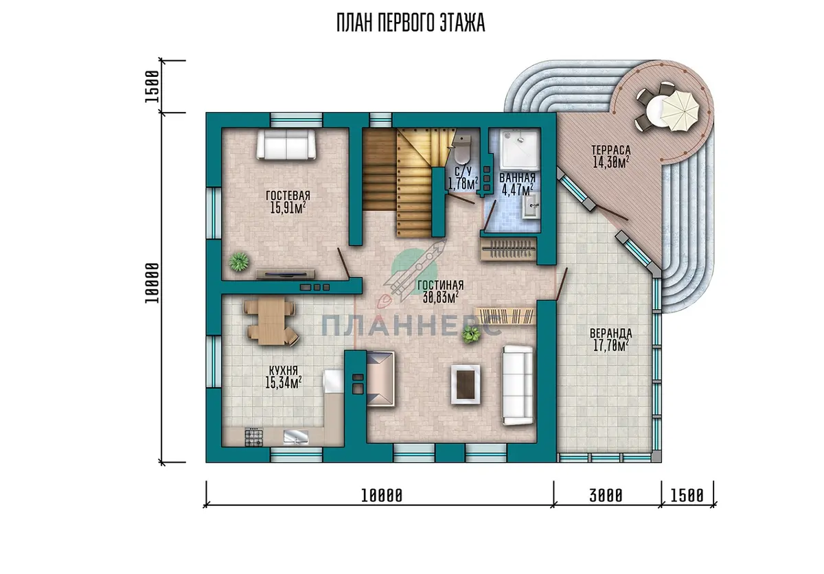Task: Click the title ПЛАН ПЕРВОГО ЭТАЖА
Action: [411, 23]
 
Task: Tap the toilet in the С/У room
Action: [461, 150]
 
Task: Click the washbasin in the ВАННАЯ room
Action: [531, 207]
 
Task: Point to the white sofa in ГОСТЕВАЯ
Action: [286, 144]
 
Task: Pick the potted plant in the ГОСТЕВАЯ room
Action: [239, 262]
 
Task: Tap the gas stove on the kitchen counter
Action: [254, 437]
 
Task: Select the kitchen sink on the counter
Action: [296, 437]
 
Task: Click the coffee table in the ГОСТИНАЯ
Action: [466, 384]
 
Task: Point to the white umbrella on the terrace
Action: [679, 111]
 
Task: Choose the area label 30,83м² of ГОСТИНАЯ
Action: [441, 297]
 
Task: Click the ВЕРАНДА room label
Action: [611, 334]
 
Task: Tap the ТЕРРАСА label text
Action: [611, 150]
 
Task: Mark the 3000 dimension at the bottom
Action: [606, 496]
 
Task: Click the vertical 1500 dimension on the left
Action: [152, 87]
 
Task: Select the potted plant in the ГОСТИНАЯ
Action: [470, 334]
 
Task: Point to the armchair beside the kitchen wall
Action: [380, 379]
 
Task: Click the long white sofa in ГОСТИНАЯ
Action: [518, 385]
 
